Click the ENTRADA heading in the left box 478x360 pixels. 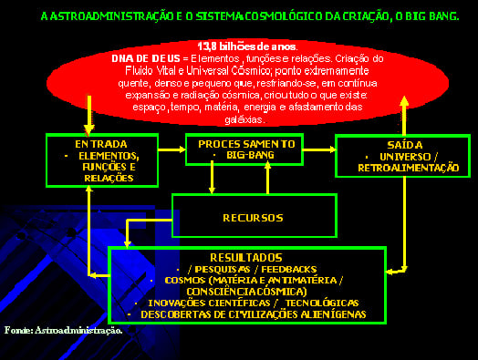click(x=101, y=144)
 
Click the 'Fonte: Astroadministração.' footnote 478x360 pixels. click(x=63, y=329)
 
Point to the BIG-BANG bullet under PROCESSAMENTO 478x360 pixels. click(x=244, y=156)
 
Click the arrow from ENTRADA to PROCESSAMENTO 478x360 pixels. click(x=170, y=149)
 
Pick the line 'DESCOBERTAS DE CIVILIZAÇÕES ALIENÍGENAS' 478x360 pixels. click(x=252, y=314)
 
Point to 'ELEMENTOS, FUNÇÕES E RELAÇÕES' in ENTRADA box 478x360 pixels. click(x=102, y=167)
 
